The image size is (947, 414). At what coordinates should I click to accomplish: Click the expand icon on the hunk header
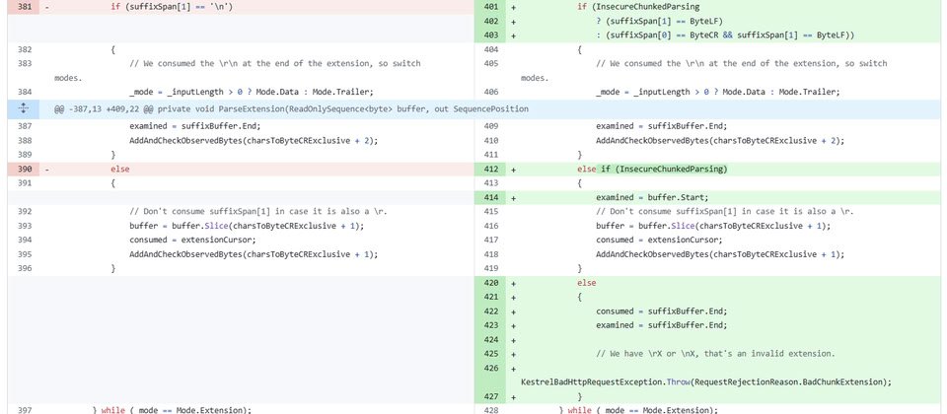pos(23,108)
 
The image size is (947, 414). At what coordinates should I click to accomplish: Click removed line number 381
pos(24,7)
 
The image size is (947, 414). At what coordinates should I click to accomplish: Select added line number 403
pos(491,35)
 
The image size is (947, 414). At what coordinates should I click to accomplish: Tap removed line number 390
pos(24,169)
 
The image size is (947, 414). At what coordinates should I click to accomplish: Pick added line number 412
pos(491,169)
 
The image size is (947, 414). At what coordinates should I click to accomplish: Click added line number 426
pos(491,368)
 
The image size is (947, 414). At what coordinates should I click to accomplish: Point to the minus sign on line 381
pos(47,7)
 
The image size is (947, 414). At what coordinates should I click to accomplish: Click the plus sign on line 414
pos(513,197)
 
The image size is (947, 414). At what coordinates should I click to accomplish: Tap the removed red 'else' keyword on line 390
pos(120,169)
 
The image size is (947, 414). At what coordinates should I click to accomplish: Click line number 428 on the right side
pos(491,410)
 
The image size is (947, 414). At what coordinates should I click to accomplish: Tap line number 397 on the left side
pos(24,410)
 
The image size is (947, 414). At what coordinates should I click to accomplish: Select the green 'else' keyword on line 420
pos(586,283)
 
